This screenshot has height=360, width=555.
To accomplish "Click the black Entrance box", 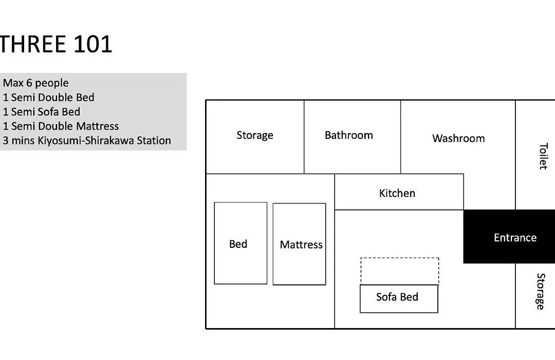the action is [x=509, y=237].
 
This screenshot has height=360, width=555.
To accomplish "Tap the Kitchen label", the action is [x=397, y=193].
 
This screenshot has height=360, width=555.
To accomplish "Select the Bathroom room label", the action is [x=348, y=135].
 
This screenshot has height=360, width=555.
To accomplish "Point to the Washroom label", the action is [x=458, y=138].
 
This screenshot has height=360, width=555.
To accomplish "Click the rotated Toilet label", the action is [x=543, y=156].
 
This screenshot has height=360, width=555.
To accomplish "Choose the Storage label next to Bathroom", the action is [x=255, y=135].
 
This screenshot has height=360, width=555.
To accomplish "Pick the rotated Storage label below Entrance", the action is [x=541, y=291].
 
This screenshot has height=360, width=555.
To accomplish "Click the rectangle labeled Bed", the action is [x=240, y=243].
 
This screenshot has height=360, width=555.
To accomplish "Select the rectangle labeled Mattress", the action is [x=299, y=244].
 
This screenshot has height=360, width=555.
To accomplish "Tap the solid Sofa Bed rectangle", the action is [x=399, y=299].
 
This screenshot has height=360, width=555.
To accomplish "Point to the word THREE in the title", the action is [x=33, y=44].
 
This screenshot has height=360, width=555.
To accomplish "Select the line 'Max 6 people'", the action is [x=36, y=83].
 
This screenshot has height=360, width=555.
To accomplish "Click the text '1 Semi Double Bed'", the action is [x=48, y=97].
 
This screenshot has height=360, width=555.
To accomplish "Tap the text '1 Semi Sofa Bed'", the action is [x=42, y=112].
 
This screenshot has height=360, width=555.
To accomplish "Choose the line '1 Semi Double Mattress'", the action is [x=61, y=126].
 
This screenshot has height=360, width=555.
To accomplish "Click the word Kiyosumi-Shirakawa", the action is [x=86, y=141].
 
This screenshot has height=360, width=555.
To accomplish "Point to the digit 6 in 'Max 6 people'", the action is [x=29, y=83].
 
